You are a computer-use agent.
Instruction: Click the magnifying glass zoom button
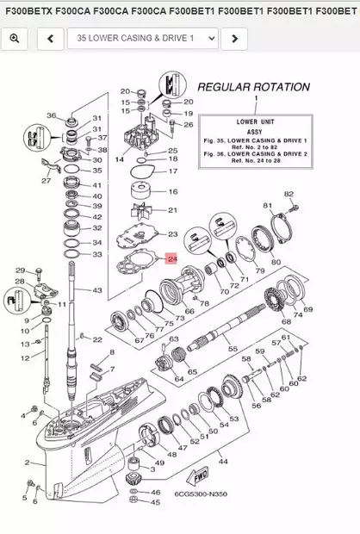15,39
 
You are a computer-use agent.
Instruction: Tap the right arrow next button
234,39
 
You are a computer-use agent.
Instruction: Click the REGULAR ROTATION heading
253,87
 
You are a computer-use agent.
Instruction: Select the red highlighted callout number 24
171,258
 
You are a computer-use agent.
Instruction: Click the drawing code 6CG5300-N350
202,495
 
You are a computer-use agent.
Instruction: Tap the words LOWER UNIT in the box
253,121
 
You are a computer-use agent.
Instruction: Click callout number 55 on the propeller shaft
232,349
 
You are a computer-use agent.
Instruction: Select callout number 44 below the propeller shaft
222,463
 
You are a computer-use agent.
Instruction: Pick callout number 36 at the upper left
51,115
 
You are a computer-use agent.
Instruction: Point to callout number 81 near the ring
268,206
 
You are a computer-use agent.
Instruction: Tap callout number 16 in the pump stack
172,191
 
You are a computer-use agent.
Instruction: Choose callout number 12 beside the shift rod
25,357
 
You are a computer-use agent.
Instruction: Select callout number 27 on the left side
47,181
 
